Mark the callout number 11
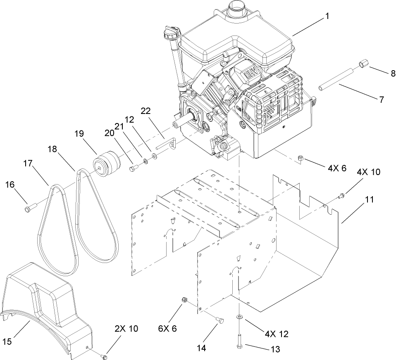click(x=369, y=199)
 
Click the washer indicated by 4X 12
click(x=239, y=317)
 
